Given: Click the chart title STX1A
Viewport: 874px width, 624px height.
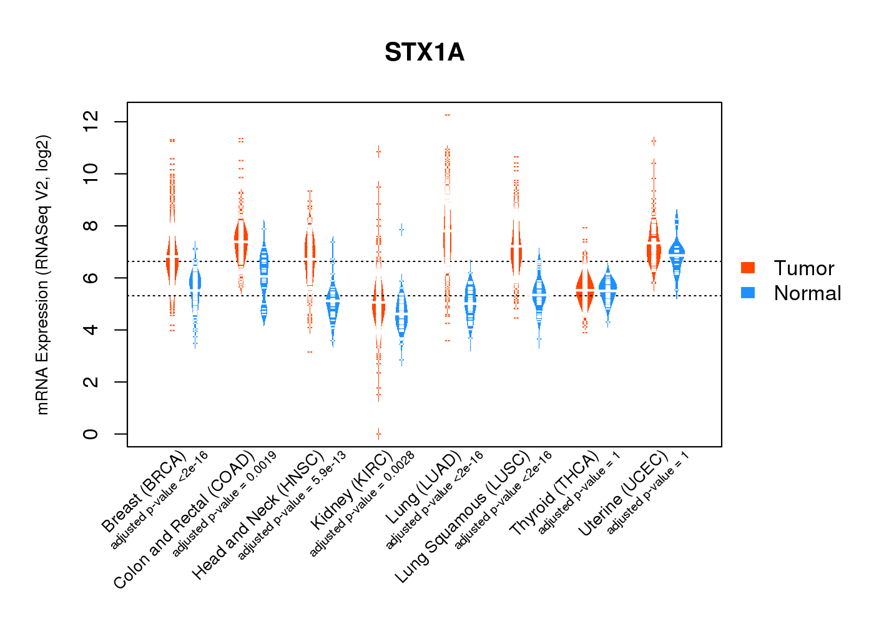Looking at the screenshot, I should pos(425,52).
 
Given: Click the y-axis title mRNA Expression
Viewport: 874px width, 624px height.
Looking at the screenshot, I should pos(42,275).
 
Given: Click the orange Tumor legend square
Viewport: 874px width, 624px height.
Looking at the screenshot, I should pos(748,268).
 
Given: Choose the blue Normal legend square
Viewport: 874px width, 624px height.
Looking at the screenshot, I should pos(748,293).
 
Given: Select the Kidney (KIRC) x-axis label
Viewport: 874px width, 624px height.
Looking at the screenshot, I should pos(351,489).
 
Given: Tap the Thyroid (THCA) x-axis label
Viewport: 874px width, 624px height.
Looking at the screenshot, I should pos(554,494).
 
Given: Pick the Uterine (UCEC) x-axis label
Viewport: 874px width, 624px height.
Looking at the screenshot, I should pos(623,494).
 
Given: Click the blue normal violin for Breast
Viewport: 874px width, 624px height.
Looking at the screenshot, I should pos(195,287).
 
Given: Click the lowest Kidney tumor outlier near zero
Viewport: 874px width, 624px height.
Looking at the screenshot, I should pos(378,433).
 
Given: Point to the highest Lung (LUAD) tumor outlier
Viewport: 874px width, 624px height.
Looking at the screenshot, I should pos(447,115).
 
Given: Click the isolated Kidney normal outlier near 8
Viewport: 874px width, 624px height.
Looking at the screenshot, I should pos(401,230).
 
